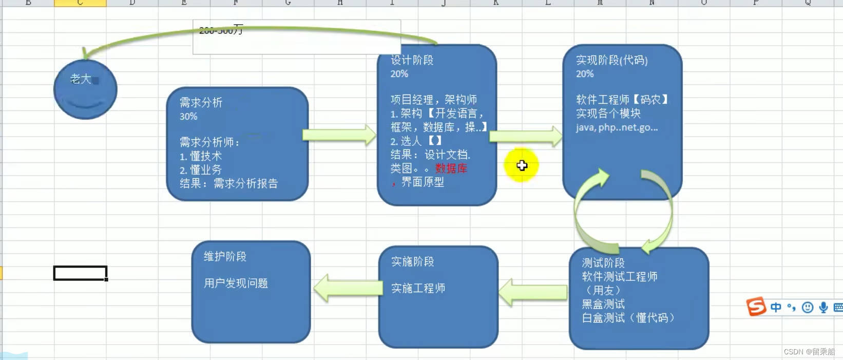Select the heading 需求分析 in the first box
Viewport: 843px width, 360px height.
pyautogui.click(x=201, y=103)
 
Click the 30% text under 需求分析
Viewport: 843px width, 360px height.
pyautogui.click(x=188, y=117)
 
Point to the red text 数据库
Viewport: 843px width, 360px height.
pyautogui.click(x=451, y=168)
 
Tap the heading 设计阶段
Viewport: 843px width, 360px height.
pyautogui.click(x=412, y=60)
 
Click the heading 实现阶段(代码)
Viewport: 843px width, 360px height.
pyautogui.click(x=611, y=60)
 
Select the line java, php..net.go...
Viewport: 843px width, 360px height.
pyautogui.click(x=616, y=127)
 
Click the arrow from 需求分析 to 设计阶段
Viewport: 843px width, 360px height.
pyautogui.click(x=339, y=135)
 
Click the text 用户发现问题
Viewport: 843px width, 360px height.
pyautogui.click(x=236, y=283)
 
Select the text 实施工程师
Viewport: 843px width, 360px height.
pyautogui.click(x=418, y=289)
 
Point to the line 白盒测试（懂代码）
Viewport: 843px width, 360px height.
pyautogui.click(x=628, y=318)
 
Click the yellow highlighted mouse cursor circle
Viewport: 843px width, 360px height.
pyautogui.click(x=522, y=165)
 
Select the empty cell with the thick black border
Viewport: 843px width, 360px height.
pyautogui.click(x=80, y=273)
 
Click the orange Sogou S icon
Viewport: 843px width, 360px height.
pyautogui.click(x=756, y=307)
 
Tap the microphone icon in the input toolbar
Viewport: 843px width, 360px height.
pyautogui.click(x=823, y=307)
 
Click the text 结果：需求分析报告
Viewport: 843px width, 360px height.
pyautogui.click(x=228, y=183)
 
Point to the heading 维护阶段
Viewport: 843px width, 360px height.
pyautogui.click(x=225, y=256)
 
